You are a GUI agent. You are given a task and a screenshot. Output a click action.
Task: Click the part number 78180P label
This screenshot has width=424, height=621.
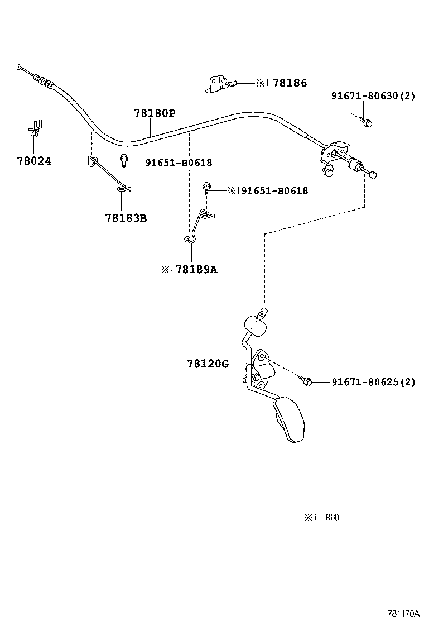pos(155,113)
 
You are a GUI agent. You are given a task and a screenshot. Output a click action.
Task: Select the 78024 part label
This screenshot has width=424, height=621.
pos(34,161)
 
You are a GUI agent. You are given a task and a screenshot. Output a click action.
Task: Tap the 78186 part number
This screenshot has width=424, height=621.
pos(290,83)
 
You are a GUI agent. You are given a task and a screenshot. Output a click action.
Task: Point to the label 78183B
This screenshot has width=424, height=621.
pos(126,218)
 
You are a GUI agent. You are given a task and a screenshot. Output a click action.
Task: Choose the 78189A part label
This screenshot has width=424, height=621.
pos(196,270)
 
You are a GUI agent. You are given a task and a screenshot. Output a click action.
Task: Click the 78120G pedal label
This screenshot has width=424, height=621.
pos(208,364)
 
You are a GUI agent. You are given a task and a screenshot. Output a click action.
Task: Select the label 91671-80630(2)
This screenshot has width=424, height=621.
pos(373,96)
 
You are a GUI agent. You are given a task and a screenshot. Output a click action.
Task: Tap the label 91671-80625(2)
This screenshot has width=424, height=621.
pos(373,382)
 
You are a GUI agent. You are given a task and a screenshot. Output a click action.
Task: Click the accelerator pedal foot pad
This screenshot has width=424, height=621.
pos(289,420)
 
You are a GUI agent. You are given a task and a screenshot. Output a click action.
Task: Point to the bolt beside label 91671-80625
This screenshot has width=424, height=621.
pos(306,381)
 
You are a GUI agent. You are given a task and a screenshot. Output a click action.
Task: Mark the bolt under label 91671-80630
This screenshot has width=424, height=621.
pos(367,122)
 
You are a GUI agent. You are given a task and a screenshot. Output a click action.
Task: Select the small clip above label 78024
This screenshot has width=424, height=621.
pos(36,127)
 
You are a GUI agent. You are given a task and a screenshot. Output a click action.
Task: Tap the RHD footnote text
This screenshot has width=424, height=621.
pos(333,517)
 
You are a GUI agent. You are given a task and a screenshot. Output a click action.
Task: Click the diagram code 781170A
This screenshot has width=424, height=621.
pos(403,614)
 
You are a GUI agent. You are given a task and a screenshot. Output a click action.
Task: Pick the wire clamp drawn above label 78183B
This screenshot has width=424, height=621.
pos(108,174)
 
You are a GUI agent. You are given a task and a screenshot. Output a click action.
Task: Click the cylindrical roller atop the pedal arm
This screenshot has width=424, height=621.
pos(255,326)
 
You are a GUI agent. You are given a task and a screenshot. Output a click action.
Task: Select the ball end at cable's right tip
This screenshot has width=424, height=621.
pos(373,175)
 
